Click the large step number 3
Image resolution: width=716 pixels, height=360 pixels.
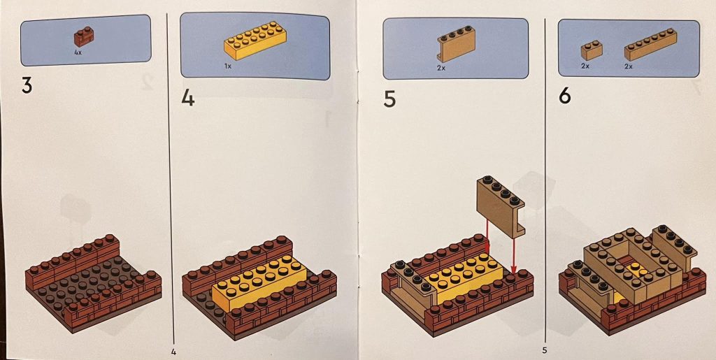[x=27, y=87]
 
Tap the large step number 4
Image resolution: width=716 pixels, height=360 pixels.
[x=187, y=97]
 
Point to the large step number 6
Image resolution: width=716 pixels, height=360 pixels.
[x=564, y=96]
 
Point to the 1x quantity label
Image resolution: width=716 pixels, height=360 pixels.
[x=228, y=66]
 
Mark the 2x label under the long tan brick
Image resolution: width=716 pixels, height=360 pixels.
[x=628, y=66]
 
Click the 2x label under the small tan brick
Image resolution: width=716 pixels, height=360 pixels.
[x=585, y=66]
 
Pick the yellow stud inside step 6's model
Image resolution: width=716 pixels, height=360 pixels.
[x=633, y=267]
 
